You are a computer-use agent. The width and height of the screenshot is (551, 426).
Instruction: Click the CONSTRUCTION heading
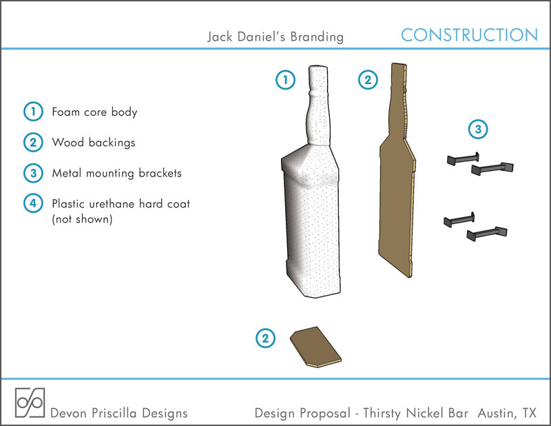(x=470, y=35)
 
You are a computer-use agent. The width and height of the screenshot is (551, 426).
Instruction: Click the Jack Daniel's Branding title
(x=275, y=37)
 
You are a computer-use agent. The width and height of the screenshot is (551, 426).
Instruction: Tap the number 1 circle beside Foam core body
(x=33, y=112)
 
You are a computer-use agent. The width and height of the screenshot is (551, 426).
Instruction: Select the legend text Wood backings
(x=94, y=143)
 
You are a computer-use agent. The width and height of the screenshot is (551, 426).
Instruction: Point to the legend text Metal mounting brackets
(x=116, y=173)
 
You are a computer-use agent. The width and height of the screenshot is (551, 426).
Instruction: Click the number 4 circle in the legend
(x=33, y=203)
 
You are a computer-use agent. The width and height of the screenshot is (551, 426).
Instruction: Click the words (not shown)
(x=82, y=219)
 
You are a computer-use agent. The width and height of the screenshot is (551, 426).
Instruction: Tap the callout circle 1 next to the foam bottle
(x=285, y=79)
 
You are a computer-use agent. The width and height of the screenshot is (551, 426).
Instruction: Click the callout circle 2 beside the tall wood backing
(x=368, y=79)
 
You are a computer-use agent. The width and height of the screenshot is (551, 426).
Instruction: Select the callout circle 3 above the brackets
(x=478, y=129)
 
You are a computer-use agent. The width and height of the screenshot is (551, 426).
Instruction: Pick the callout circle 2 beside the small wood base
(x=265, y=338)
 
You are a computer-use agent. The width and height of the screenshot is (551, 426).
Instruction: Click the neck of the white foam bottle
(x=319, y=105)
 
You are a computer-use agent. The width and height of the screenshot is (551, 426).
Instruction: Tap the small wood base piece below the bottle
(x=315, y=347)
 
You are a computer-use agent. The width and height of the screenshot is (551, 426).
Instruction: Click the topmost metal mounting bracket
(x=463, y=159)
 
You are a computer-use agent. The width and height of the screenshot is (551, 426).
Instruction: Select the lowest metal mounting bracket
(x=487, y=234)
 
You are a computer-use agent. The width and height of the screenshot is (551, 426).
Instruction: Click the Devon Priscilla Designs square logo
(x=30, y=403)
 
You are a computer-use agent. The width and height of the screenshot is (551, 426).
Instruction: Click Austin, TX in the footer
(x=507, y=413)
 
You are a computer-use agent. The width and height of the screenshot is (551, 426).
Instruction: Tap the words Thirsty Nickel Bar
(x=416, y=413)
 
